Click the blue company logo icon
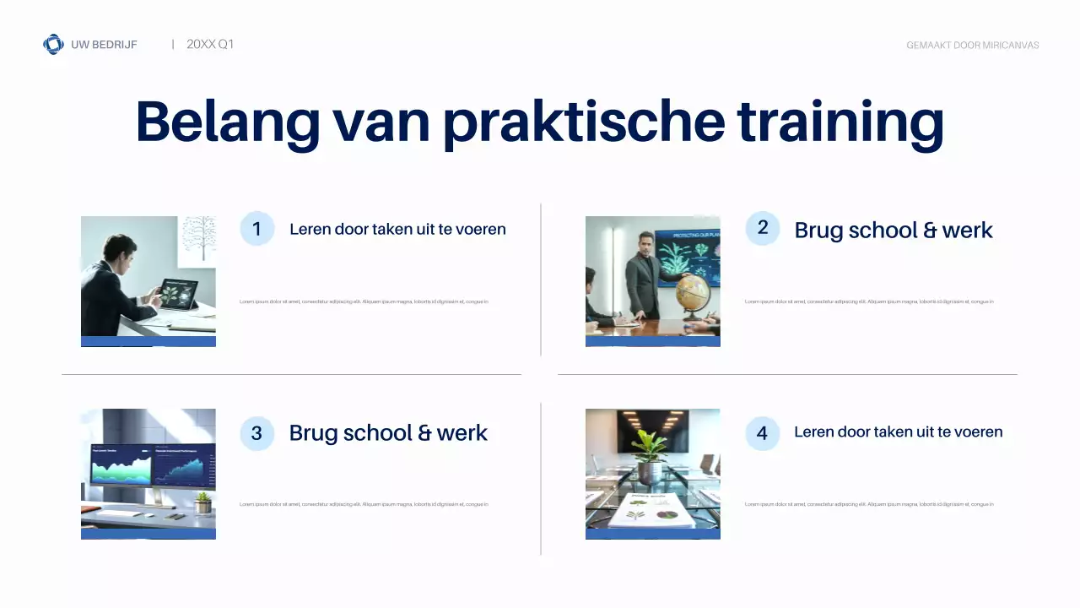[x=53, y=44]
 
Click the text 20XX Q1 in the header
[x=209, y=44]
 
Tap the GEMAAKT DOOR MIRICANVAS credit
[x=972, y=45]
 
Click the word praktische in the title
[x=583, y=122]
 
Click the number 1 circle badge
[x=257, y=229]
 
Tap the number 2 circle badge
[x=763, y=228]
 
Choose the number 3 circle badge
[x=257, y=433]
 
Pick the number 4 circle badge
[x=763, y=433]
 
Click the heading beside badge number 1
[x=397, y=229]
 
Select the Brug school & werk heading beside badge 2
[x=894, y=230]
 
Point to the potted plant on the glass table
[x=650, y=456]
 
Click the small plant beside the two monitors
[x=202, y=502]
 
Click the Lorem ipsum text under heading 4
[x=869, y=504]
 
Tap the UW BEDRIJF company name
[x=104, y=44]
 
